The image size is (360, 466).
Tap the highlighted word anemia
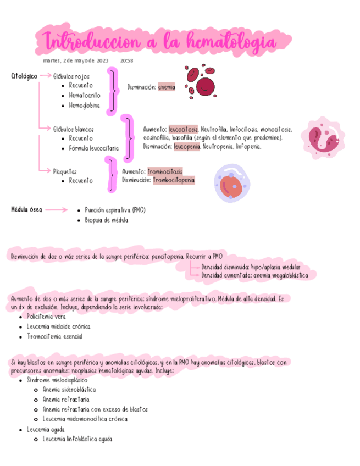point(167,87)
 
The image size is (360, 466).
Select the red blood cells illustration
point(199,80)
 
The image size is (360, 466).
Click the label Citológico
point(24,76)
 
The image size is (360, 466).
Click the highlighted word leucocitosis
point(184,129)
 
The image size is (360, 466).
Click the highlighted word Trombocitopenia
point(173,180)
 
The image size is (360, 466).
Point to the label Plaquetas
point(65,171)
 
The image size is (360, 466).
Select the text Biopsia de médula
point(107,220)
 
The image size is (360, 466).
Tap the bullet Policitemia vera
point(50,316)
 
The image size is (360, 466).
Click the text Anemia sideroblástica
point(69,389)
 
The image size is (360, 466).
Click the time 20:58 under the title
point(126,60)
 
